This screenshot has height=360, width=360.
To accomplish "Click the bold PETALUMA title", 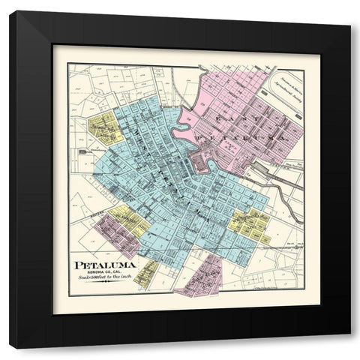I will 105,265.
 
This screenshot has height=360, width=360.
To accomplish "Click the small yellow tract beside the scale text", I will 146,273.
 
